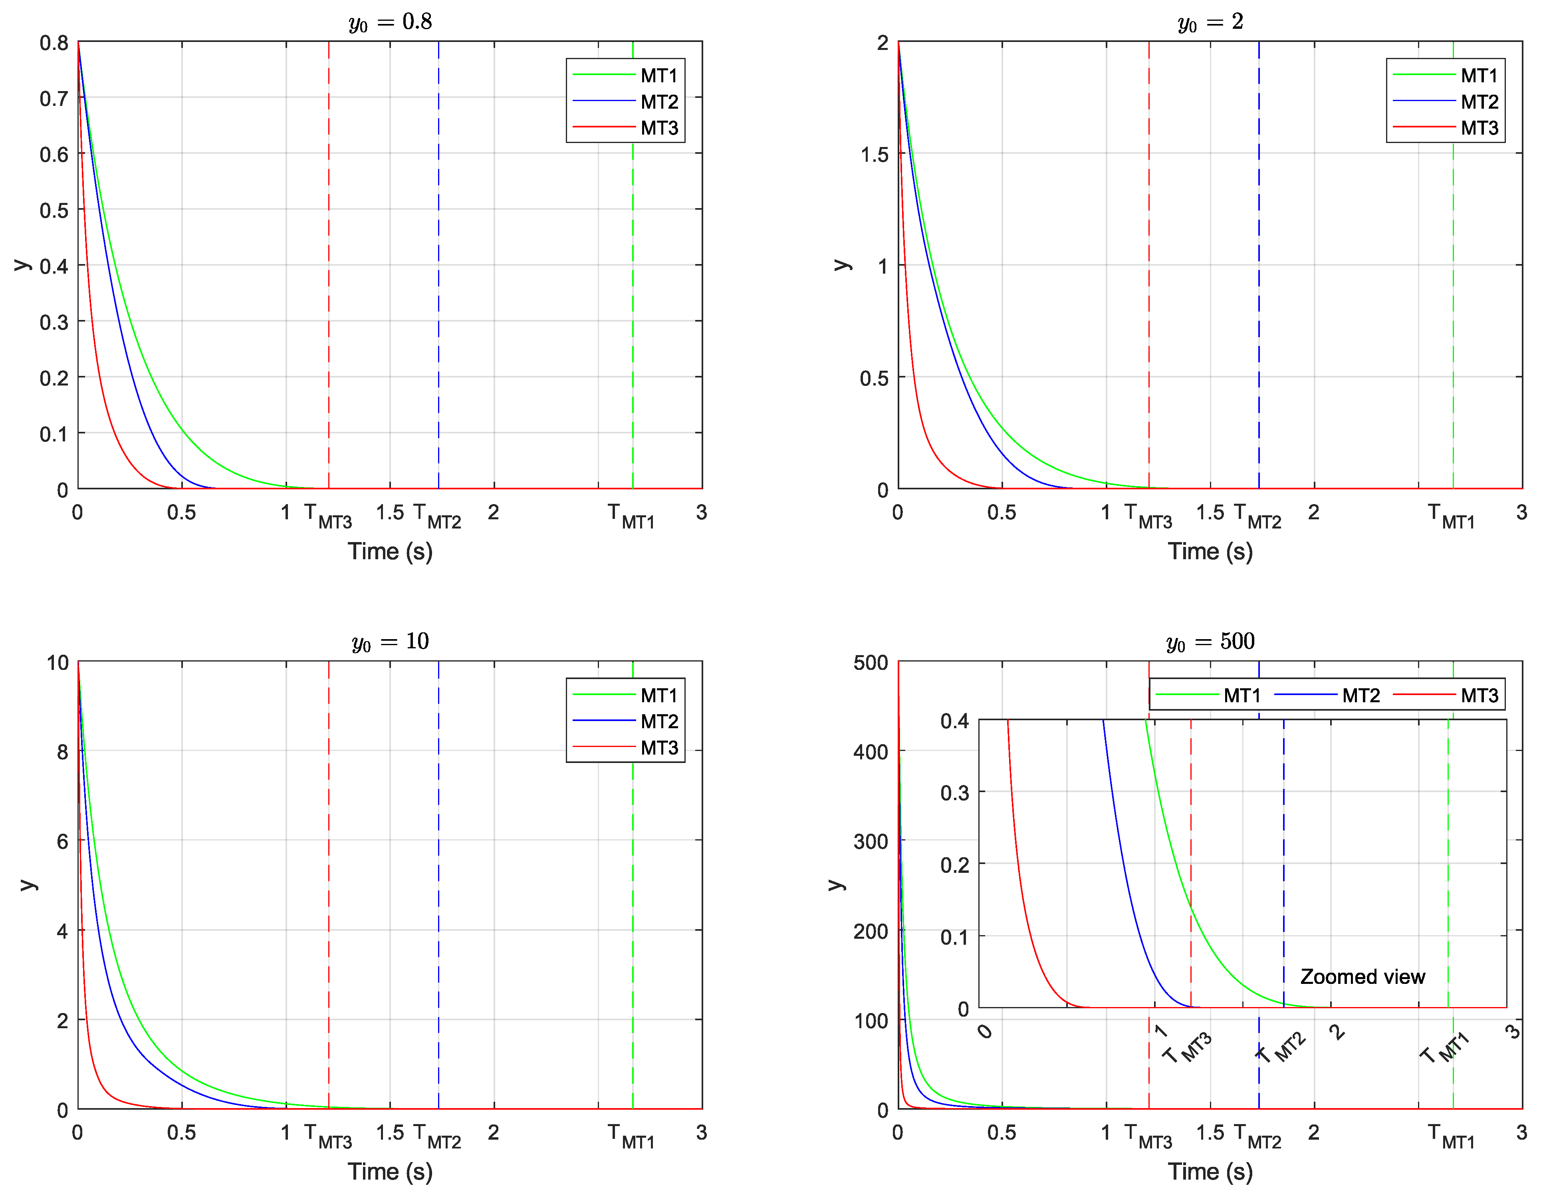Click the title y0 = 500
(1210, 642)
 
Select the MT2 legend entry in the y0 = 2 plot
(1479, 101)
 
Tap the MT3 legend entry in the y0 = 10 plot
(659, 747)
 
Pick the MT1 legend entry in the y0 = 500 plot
(1242, 695)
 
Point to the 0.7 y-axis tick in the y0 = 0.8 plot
(54, 98)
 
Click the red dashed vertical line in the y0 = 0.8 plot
(329, 282)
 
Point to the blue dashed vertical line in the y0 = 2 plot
(1259, 282)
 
